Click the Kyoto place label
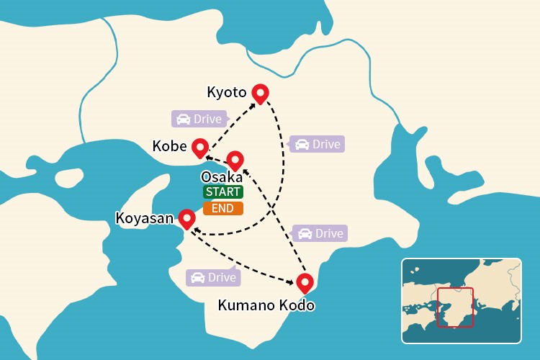pyautogui.click(x=227, y=92)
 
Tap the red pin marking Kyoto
pyautogui.click(x=259, y=93)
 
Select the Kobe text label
pyautogui.click(x=170, y=146)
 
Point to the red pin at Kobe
pyautogui.click(x=200, y=147)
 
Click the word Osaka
pyautogui.click(x=222, y=177)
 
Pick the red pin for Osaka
pyautogui.click(x=235, y=160)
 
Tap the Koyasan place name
pyautogui.click(x=145, y=217)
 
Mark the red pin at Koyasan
pyautogui.click(x=186, y=217)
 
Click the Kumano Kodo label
pyautogui.click(x=266, y=305)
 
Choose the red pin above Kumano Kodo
pyautogui.click(x=305, y=282)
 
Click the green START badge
pyautogui.click(x=223, y=192)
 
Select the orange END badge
pyautogui.click(x=223, y=209)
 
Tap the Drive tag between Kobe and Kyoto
pyautogui.click(x=199, y=119)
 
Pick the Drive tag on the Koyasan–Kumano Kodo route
pyautogui.click(x=213, y=277)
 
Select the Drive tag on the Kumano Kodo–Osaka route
pyautogui.click(x=320, y=233)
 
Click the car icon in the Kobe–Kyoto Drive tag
pyautogui.click(x=184, y=119)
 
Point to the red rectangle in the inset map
pyautogui.click(x=455, y=307)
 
